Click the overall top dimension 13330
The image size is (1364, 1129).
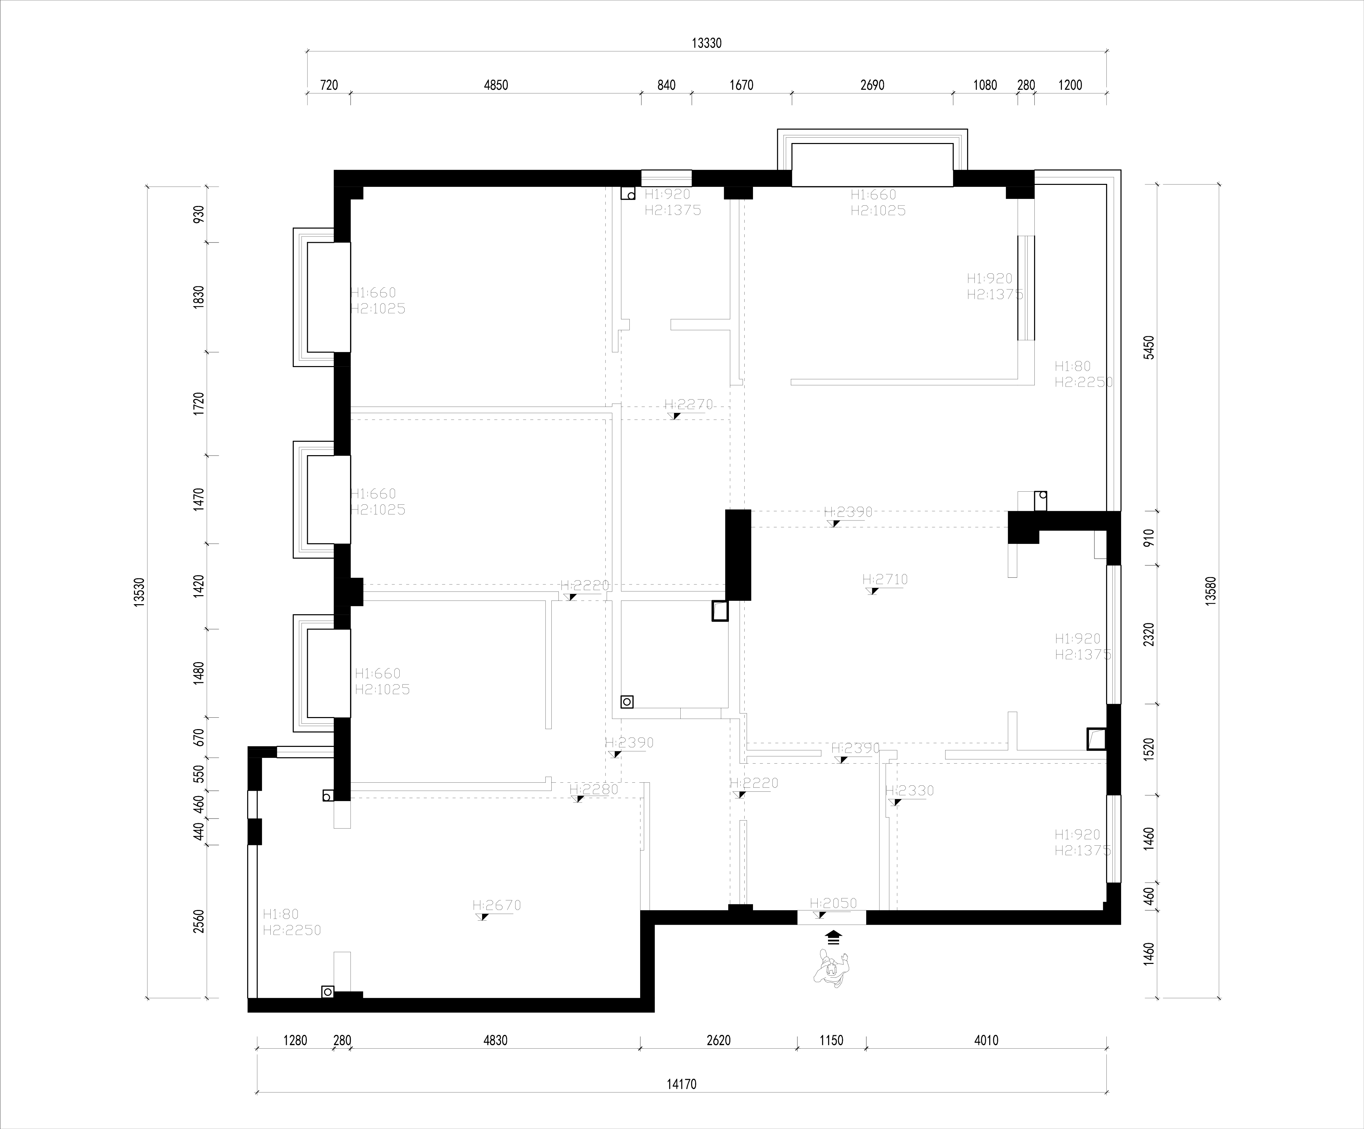click(707, 44)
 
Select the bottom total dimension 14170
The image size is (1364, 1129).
click(681, 1084)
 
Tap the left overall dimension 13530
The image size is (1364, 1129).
click(139, 593)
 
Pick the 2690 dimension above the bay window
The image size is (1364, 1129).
click(872, 85)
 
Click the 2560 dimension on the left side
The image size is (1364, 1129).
click(199, 921)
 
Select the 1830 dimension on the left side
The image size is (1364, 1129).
click(199, 297)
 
